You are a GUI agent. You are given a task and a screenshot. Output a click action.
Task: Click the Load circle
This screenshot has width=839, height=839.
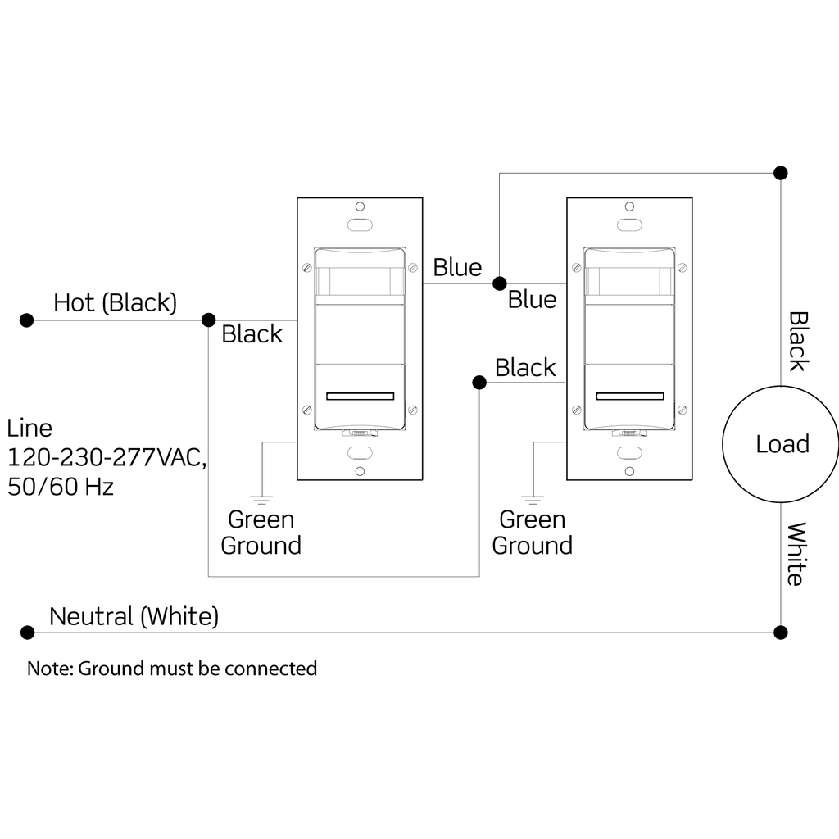pyautogui.click(x=780, y=443)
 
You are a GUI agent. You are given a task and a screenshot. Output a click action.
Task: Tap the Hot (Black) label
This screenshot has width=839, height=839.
pyautogui.click(x=115, y=302)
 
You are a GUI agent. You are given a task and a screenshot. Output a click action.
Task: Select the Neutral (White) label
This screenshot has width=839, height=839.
pyautogui.click(x=134, y=616)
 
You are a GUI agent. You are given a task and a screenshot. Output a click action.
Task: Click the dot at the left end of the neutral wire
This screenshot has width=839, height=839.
pyautogui.click(x=27, y=633)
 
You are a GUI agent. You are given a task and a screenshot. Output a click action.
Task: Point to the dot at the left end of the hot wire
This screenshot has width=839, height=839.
pyautogui.click(x=27, y=320)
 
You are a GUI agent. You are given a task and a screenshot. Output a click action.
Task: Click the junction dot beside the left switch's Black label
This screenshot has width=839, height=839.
pyautogui.click(x=208, y=320)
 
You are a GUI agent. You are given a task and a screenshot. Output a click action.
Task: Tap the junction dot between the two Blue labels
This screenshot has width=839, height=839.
pyautogui.click(x=499, y=283)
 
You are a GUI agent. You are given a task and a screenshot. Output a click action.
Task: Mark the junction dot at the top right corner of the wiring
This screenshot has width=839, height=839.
pyautogui.click(x=781, y=173)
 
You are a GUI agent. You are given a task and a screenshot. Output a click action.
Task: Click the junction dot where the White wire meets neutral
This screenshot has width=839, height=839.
pyautogui.click(x=781, y=633)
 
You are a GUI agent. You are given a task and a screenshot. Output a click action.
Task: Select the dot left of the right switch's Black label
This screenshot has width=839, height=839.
pyautogui.click(x=479, y=383)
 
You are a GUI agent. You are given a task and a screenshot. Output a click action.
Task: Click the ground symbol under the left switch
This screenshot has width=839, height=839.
pyautogui.click(x=262, y=497)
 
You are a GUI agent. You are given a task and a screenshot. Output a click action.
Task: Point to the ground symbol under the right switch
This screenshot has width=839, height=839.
pyautogui.click(x=533, y=497)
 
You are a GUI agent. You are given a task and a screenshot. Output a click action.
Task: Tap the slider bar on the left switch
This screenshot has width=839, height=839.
pyautogui.click(x=361, y=397)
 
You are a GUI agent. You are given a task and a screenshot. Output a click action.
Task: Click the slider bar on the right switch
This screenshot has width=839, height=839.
pyautogui.click(x=630, y=397)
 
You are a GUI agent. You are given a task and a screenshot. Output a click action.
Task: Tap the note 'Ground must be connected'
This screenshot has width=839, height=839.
pyautogui.click(x=172, y=669)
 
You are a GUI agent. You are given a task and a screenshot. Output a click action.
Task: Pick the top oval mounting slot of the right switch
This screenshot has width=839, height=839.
pyautogui.click(x=629, y=224)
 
